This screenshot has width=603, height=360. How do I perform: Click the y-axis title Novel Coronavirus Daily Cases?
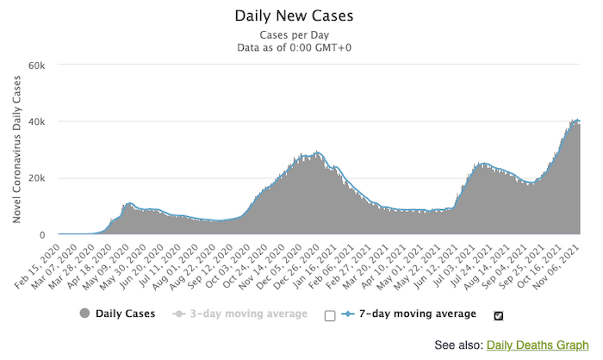coord(17,149)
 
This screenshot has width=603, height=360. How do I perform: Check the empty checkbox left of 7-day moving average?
coord(330,315)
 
